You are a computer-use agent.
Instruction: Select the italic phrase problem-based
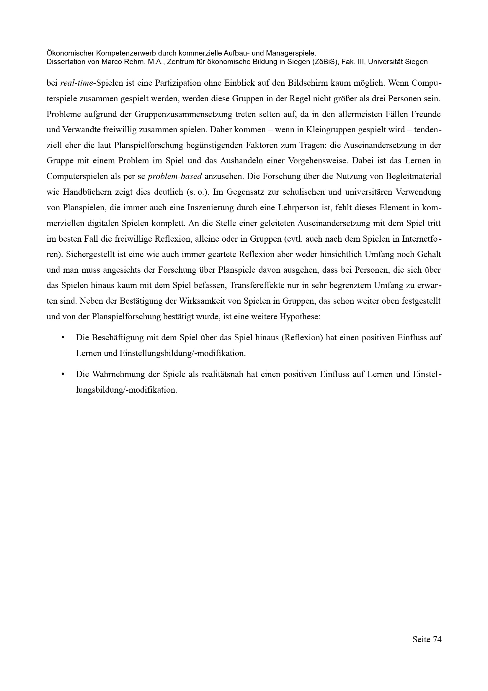coord(175,176)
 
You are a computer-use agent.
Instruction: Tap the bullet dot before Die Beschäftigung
coord(63,338)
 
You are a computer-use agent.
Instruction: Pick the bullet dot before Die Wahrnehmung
coord(63,375)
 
